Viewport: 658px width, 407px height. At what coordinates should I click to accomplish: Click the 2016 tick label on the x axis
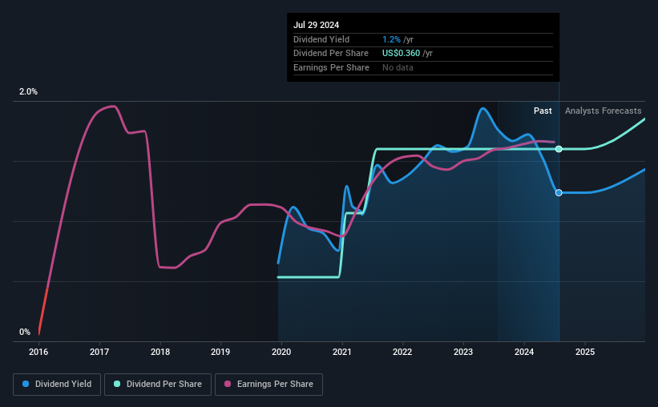(38, 352)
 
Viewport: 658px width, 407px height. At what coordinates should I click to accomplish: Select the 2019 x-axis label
(220, 352)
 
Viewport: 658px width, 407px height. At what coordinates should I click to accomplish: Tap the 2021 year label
(342, 352)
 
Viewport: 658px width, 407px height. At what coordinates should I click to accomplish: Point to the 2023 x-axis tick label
(463, 352)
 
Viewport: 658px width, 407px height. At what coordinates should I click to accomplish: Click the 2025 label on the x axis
(585, 352)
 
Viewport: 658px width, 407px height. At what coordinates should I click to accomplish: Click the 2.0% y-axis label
(28, 92)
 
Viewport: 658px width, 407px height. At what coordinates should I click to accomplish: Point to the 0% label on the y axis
(25, 332)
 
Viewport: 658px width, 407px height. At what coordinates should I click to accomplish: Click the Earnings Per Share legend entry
(268, 385)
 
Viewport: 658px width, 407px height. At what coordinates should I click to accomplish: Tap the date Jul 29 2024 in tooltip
(316, 25)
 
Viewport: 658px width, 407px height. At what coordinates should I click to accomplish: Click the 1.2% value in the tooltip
(391, 39)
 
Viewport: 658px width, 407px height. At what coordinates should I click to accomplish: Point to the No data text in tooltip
(398, 68)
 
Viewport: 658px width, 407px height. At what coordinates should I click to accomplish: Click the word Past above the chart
(543, 111)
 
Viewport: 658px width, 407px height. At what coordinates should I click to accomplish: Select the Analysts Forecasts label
(603, 111)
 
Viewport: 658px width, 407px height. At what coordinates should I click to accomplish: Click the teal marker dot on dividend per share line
(559, 149)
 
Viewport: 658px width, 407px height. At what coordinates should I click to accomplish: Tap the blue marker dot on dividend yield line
(559, 192)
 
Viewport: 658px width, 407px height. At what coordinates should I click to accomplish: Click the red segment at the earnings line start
(42, 308)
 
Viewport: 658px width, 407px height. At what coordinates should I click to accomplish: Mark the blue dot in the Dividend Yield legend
(26, 385)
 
